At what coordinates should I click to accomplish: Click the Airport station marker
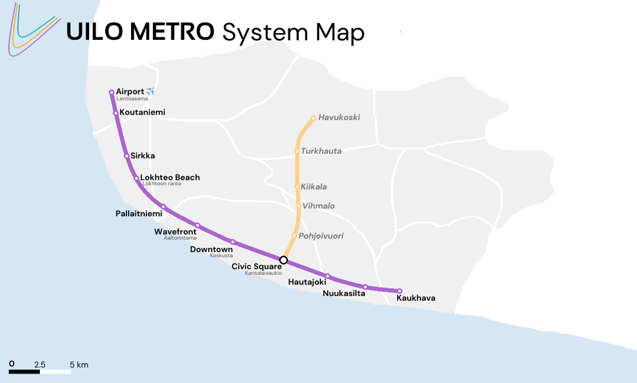pyautogui.click(x=111, y=92)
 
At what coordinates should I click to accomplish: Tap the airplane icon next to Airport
pyautogui.click(x=150, y=92)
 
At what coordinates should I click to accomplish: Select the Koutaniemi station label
pyautogui.click(x=142, y=112)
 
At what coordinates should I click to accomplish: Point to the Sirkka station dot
pyautogui.click(x=126, y=156)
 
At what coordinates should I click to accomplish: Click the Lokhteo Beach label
pyautogui.click(x=170, y=177)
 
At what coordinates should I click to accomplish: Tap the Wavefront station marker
pyautogui.click(x=197, y=225)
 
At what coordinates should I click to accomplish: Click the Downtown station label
pyautogui.click(x=211, y=249)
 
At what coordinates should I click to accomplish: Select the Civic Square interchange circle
pyautogui.click(x=283, y=260)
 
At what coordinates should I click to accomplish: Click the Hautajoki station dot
pyautogui.click(x=328, y=276)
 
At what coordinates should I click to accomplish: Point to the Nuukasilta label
pyautogui.click(x=344, y=293)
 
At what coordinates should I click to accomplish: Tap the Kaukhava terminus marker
pyautogui.click(x=400, y=291)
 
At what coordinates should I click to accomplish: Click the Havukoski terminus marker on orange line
pyautogui.click(x=313, y=118)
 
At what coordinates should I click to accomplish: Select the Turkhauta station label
pyautogui.click(x=321, y=151)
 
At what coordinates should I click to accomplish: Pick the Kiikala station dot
pyautogui.click(x=297, y=187)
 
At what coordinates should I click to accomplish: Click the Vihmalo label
pyautogui.click(x=318, y=206)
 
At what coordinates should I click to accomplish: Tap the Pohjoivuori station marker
pyautogui.click(x=294, y=236)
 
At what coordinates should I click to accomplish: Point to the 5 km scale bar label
pyautogui.click(x=79, y=365)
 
